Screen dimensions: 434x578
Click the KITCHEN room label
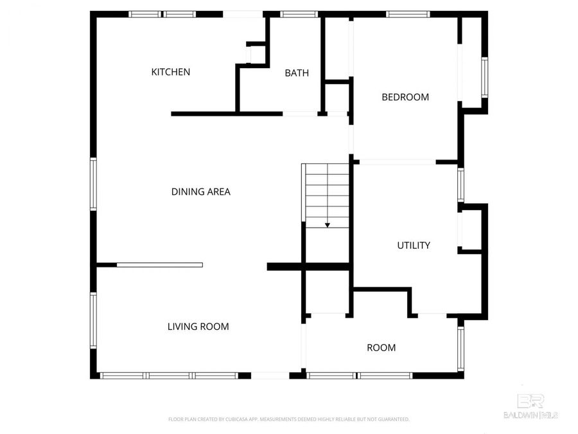[x=170, y=72]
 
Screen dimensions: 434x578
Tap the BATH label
[x=297, y=73]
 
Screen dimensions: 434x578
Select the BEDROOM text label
[x=405, y=98]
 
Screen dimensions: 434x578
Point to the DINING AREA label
[x=200, y=192]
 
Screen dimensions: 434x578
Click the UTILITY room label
[x=414, y=246]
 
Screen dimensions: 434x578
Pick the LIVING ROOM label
[x=198, y=327]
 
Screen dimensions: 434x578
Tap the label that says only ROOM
[x=381, y=348]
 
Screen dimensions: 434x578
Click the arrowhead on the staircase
[x=328, y=225]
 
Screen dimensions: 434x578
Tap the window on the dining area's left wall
[x=94, y=185]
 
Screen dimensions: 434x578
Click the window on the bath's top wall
[x=299, y=14]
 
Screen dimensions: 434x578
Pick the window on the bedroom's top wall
[x=408, y=14]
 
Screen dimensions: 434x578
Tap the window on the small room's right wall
[x=460, y=348]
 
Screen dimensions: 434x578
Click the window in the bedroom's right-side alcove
[x=484, y=77]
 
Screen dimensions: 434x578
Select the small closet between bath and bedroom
[x=336, y=98]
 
